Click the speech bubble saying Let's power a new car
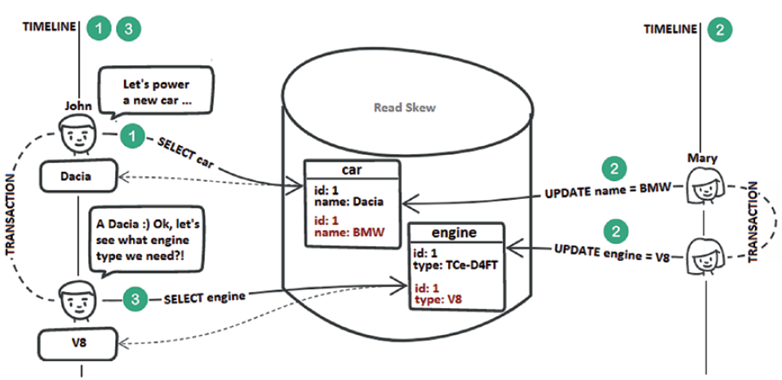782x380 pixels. pyautogui.click(x=155, y=91)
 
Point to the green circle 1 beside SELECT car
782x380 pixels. pyautogui.click(x=129, y=135)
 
